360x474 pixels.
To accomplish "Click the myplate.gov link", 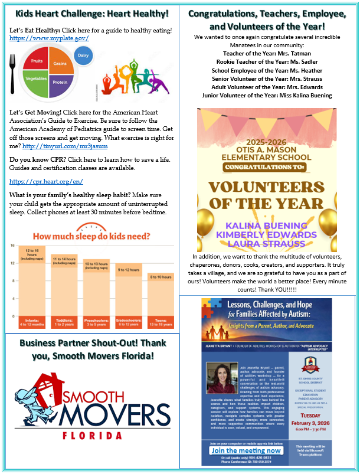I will (x=49, y=38).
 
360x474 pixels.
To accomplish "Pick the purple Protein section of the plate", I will (x=60, y=82).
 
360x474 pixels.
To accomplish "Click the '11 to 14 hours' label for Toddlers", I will (x=64, y=259).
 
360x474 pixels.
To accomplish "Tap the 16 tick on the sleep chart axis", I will (x=11, y=246).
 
